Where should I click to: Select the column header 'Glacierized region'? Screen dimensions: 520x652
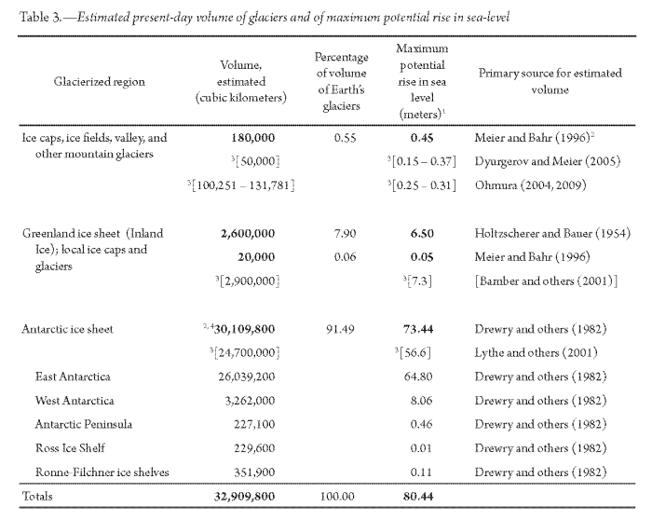[100, 81]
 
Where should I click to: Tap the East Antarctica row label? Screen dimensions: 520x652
[72, 376]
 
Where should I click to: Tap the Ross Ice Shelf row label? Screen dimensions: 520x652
[69, 447]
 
